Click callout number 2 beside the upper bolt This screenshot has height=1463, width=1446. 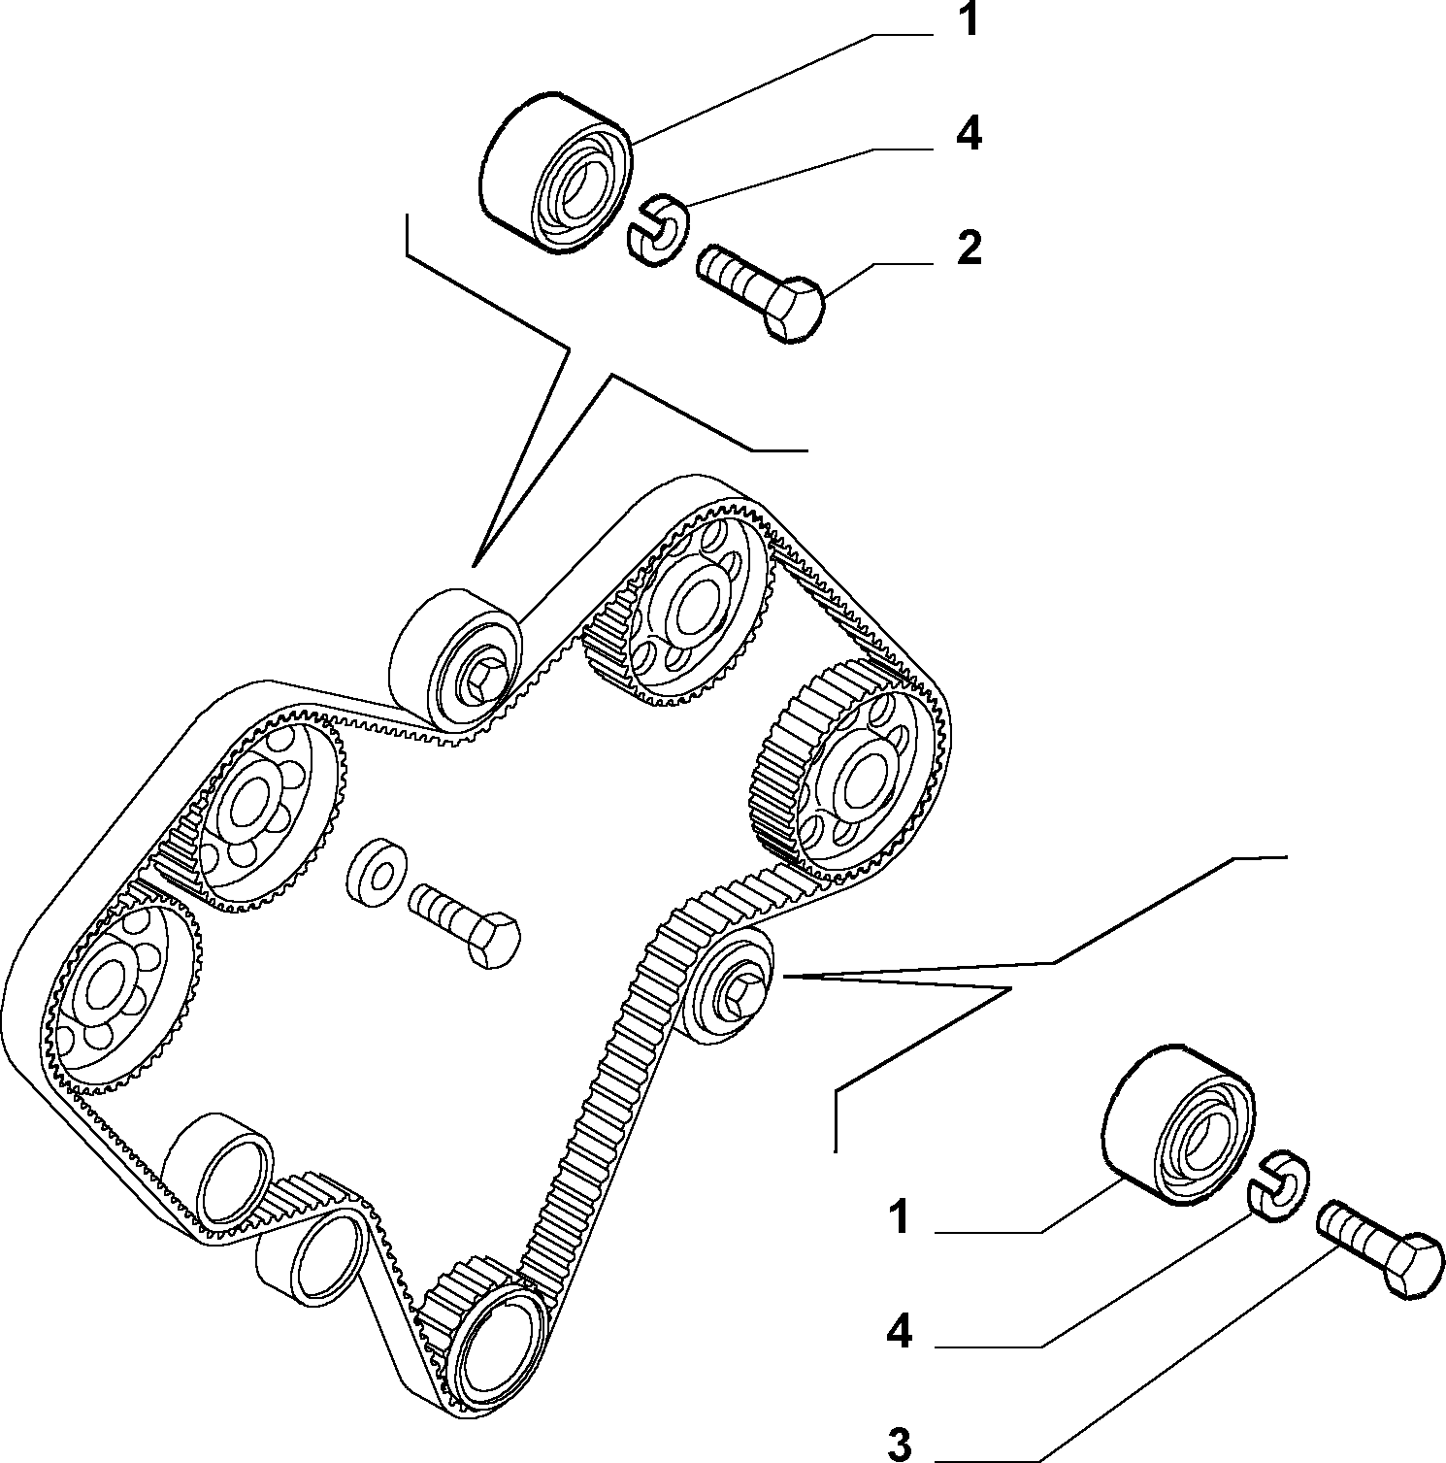969,249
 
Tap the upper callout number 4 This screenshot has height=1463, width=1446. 968,134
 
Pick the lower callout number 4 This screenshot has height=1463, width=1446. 900,1332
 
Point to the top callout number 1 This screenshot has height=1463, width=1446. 968,19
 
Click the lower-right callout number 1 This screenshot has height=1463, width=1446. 901,1217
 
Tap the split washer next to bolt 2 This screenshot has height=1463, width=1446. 656,227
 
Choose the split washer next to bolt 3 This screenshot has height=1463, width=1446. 1275,1182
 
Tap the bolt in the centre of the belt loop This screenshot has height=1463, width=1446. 464,924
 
